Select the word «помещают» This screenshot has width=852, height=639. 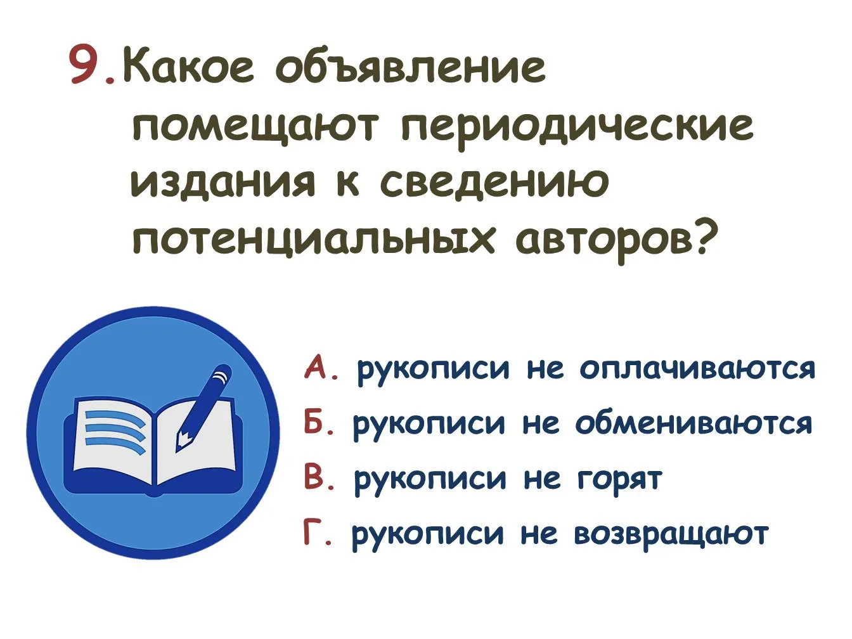click(254, 126)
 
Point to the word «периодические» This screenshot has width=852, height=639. click(577, 126)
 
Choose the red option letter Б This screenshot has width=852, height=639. click(314, 422)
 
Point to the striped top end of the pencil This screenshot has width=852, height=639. click(223, 375)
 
